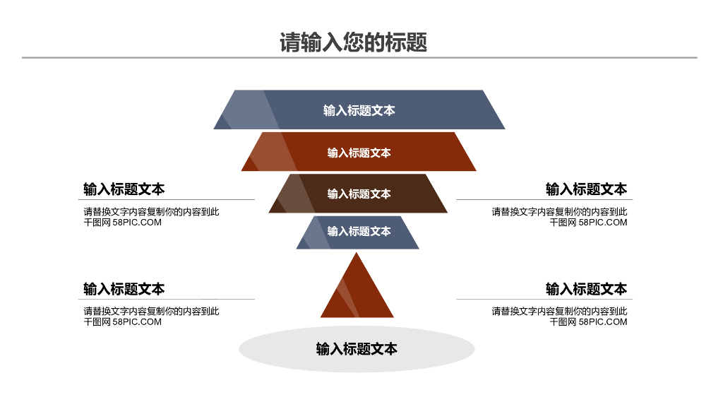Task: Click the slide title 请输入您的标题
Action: tap(354, 42)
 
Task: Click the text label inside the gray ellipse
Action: tap(357, 349)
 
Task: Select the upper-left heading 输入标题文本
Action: tap(124, 189)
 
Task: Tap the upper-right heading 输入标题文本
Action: tap(586, 189)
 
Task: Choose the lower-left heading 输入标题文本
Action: tap(124, 289)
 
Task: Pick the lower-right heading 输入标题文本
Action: tap(586, 289)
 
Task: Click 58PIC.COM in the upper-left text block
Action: tap(137, 223)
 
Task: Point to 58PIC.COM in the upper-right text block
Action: tap(603, 223)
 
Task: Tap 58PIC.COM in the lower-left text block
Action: tap(137, 322)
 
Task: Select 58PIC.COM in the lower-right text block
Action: tap(603, 322)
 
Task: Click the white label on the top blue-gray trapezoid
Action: tap(359, 110)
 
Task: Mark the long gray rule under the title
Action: tap(359, 58)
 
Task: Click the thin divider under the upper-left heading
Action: tap(169, 200)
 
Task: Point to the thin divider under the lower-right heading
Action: tap(544, 299)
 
